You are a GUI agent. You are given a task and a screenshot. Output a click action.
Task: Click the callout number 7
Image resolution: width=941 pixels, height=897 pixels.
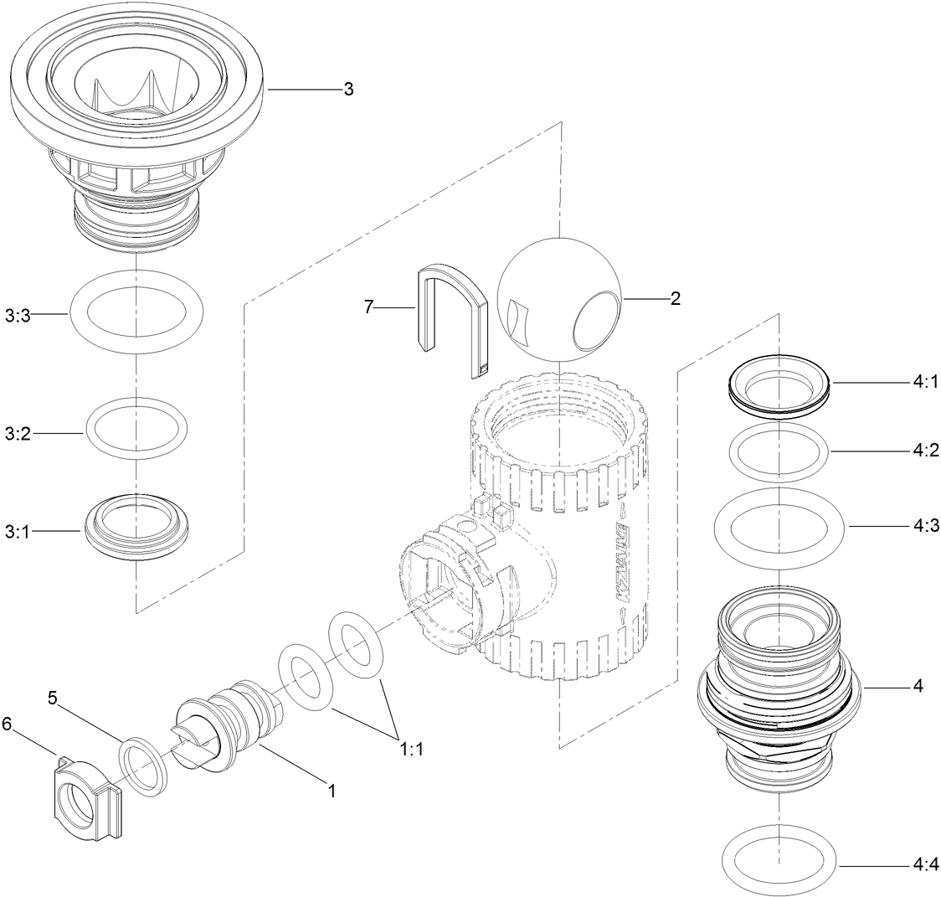(x=368, y=307)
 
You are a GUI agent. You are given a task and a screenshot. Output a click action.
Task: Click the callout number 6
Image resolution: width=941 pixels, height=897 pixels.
(x=8, y=722)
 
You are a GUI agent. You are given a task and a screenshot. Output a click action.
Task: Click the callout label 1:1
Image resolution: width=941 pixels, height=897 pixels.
(x=411, y=750)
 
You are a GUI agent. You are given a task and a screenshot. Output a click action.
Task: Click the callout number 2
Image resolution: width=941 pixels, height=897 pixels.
(x=675, y=298)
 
